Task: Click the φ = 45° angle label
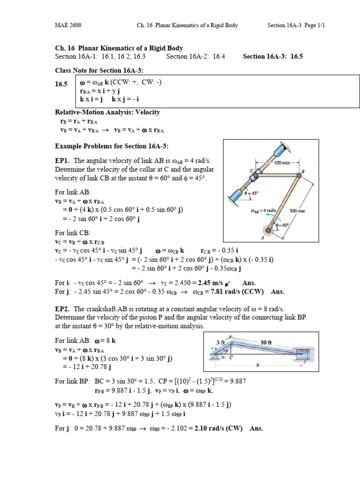point(252,192)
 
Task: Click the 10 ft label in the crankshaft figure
point(266,342)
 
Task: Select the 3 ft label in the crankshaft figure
point(221,342)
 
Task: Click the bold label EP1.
point(62,160)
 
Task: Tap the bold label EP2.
point(62,309)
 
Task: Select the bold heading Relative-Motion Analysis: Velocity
point(107,112)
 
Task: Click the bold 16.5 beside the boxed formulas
point(61,84)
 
